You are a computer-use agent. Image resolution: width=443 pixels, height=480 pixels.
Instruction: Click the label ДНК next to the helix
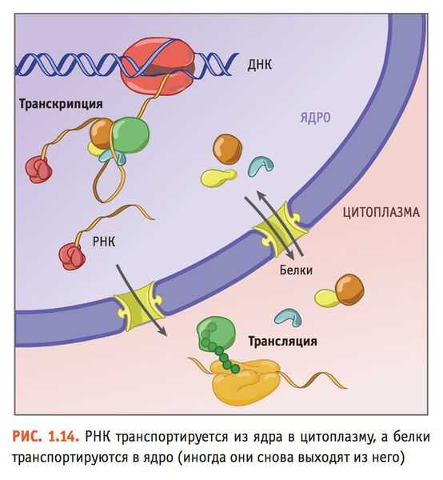(x=259, y=65)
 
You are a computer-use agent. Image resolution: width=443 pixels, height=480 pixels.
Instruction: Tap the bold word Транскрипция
(x=61, y=104)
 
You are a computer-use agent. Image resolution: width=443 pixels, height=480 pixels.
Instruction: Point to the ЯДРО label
(x=315, y=118)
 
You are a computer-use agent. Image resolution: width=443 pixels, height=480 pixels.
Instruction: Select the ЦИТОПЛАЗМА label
(x=381, y=212)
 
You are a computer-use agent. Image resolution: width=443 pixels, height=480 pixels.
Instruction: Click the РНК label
(x=104, y=242)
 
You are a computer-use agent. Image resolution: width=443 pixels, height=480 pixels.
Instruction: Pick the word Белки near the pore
(x=296, y=270)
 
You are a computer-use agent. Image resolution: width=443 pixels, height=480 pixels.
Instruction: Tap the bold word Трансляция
(x=282, y=341)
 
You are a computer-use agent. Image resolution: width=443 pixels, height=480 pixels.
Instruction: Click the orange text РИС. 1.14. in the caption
(x=46, y=437)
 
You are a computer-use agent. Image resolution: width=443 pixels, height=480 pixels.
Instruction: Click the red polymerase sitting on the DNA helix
(x=158, y=66)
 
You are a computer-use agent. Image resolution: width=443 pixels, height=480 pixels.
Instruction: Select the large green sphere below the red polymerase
(x=130, y=135)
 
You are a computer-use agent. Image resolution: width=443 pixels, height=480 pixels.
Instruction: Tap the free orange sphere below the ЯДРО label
(x=227, y=150)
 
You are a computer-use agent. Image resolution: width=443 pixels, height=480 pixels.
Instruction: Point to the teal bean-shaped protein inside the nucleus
(x=261, y=166)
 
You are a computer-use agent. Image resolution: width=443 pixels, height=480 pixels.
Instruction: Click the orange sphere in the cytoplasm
(x=349, y=290)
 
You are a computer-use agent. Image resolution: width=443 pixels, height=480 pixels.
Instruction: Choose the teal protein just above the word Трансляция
(x=288, y=317)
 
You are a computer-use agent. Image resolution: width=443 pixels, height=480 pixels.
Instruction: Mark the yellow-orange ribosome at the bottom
(x=245, y=382)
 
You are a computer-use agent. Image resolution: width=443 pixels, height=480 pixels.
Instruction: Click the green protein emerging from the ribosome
(x=215, y=337)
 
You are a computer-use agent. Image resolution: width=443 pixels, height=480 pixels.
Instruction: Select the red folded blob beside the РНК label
(x=72, y=257)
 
